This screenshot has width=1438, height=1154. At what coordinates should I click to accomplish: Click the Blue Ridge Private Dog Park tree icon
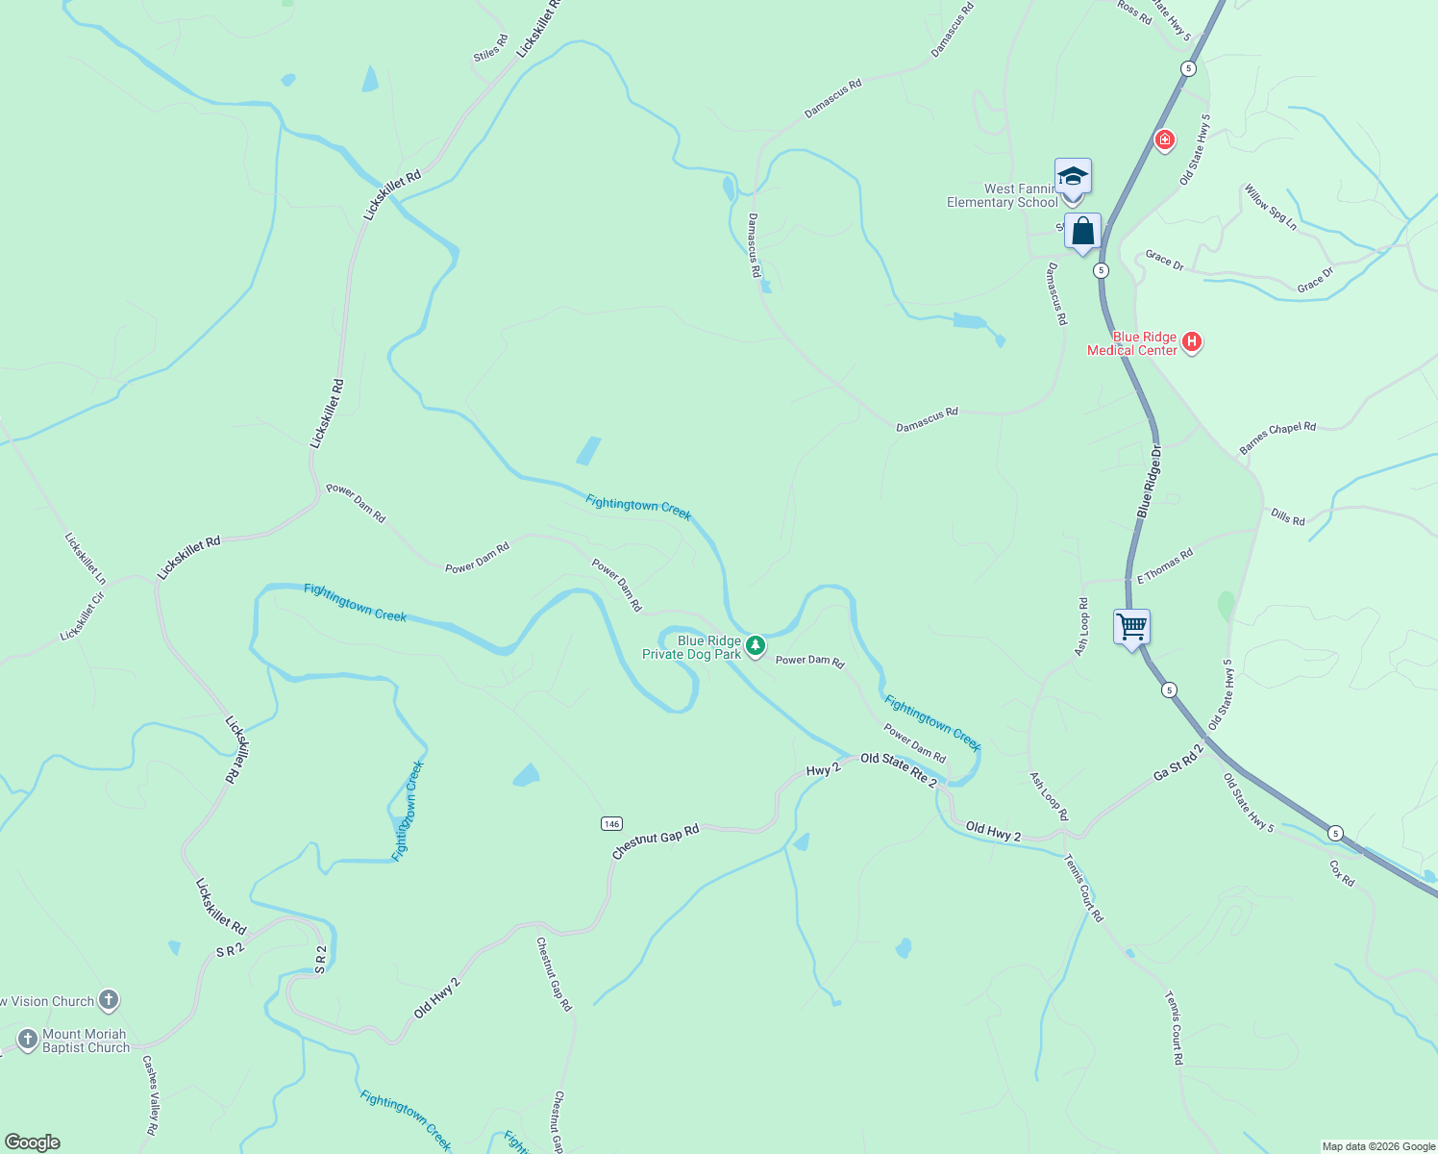tap(756, 645)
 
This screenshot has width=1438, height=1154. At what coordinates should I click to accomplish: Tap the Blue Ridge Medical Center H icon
tap(1192, 341)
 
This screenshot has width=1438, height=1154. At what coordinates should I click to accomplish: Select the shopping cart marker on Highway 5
tap(1131, 628)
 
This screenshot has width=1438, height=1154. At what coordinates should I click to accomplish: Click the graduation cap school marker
tap(1073, 178)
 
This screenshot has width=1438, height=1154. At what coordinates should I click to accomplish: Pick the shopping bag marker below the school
tap(1082, 233)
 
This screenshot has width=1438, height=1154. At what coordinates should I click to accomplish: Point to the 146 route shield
tap(611, 823)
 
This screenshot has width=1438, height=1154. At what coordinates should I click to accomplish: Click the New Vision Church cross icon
tap(109, 1000)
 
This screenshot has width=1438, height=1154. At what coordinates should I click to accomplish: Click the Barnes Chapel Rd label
tap(1277, 438)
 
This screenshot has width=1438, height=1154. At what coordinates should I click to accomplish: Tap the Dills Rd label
tap(1287, 517)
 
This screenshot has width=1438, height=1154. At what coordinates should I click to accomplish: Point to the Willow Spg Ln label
tap(1270, 208)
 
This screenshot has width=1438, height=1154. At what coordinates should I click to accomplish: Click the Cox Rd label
tap(1342, 873)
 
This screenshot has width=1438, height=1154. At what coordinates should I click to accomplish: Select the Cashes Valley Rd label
tap(150, 1094)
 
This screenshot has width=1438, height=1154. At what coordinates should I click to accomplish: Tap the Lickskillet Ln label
tap(85, 559)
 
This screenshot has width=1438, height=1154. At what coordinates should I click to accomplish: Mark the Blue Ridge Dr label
tap(1150, 481)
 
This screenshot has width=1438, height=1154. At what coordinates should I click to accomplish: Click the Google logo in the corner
tap(33, 1142)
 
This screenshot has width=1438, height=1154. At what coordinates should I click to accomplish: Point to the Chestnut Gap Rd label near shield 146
tap(656, 841)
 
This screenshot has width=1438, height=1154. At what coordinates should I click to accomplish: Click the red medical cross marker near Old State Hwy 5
tap(1165, 141)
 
